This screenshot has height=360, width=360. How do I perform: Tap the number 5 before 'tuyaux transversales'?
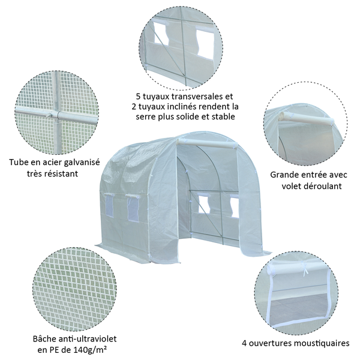[138, 96]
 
